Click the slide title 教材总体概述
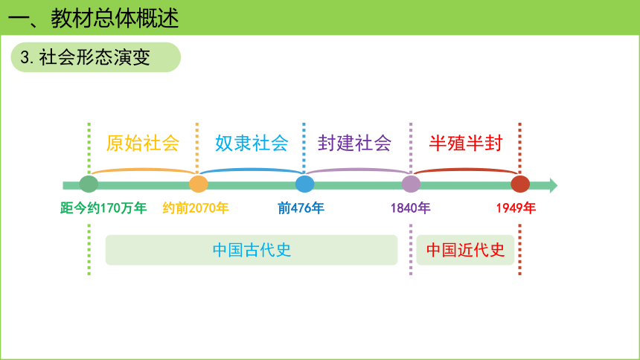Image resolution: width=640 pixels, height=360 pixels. (x=115, y=19)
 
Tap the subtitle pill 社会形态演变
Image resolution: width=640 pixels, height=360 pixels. (x=95, y=57)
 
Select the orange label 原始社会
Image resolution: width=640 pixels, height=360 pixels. (x=142, y=144)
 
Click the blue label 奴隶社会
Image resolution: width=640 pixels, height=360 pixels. (x=252, y=144)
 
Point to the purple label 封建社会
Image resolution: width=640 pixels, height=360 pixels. (x=355, y=144)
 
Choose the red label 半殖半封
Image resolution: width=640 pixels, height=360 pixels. (x=466, y=144)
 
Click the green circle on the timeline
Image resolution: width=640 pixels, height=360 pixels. (x=89, y=184)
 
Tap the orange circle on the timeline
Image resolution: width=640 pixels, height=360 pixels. (x=199, y=184)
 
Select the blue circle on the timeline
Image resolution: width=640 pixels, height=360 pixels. (x=305, y=184)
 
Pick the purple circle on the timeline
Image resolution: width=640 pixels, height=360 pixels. (x=411, y=184)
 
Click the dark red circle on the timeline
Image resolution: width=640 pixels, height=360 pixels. (x=520, y=184)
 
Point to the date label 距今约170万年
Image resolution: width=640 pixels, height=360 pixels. (x=103, y=208)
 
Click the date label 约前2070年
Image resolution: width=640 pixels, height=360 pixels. (x=196, y=208)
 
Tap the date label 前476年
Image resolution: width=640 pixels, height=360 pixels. (x=301, y=208)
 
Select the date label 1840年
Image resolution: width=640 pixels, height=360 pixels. (x=411, y=208)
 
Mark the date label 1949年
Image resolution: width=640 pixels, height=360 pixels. (x=516, y=208)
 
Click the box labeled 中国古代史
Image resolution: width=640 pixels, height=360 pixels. (x=252, y=250)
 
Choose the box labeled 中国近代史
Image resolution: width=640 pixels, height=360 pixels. (x=465, y=250)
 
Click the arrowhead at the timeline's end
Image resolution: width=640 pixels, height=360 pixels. (x=554, y=185)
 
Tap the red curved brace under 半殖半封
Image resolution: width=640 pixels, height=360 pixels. (x=466, y=169)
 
